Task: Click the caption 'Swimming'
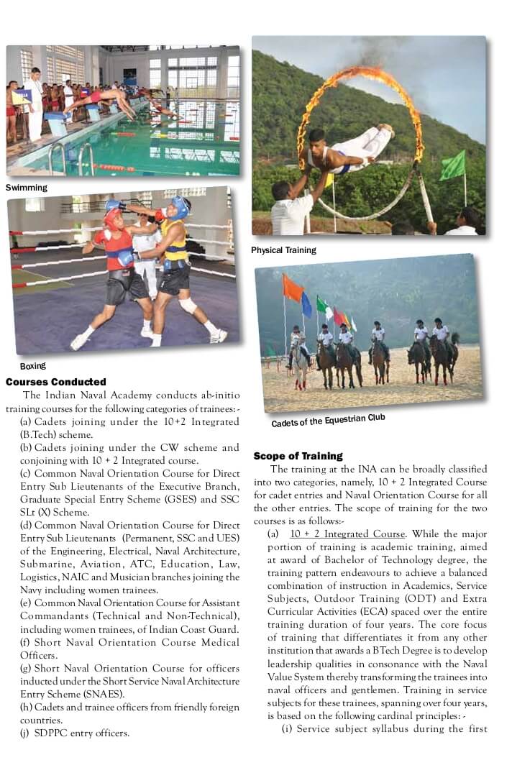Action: (27, 188)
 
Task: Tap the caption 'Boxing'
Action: (33, 366)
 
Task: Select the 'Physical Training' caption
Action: (283, 250)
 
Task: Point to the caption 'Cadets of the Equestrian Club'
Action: (328, 420)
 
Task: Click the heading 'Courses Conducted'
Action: (56, 382)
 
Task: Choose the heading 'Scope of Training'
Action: (298, 456)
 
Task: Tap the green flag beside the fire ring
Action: (452, 165)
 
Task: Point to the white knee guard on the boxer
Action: (188, 305)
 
